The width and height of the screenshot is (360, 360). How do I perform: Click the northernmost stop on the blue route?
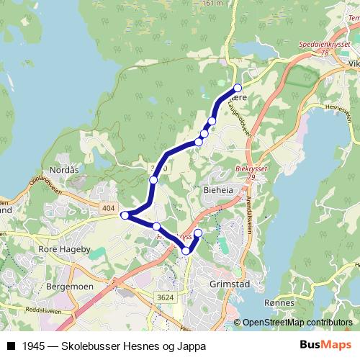point(238,88)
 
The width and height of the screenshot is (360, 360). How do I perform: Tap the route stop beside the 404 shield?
point(125,215)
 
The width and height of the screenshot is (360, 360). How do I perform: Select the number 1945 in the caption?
point(32,346)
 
